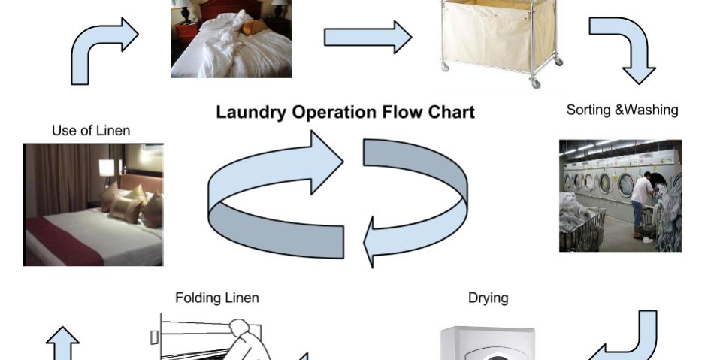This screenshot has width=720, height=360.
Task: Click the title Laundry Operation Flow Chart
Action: click(345, 113)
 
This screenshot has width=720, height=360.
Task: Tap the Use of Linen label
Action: click(91, 130)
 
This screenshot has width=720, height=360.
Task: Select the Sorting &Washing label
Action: click(622, 110)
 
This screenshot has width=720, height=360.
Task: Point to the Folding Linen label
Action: click(216, 298)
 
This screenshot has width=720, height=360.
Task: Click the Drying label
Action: click(488, 298)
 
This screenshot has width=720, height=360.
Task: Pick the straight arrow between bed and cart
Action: click(368, 36)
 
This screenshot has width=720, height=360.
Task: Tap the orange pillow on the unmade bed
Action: click(254, 28)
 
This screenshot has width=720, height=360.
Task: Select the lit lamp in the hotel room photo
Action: click(107, 168)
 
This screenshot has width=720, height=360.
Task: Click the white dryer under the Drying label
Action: click(488, 344)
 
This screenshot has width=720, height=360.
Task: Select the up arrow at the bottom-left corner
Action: click(62, 344)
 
